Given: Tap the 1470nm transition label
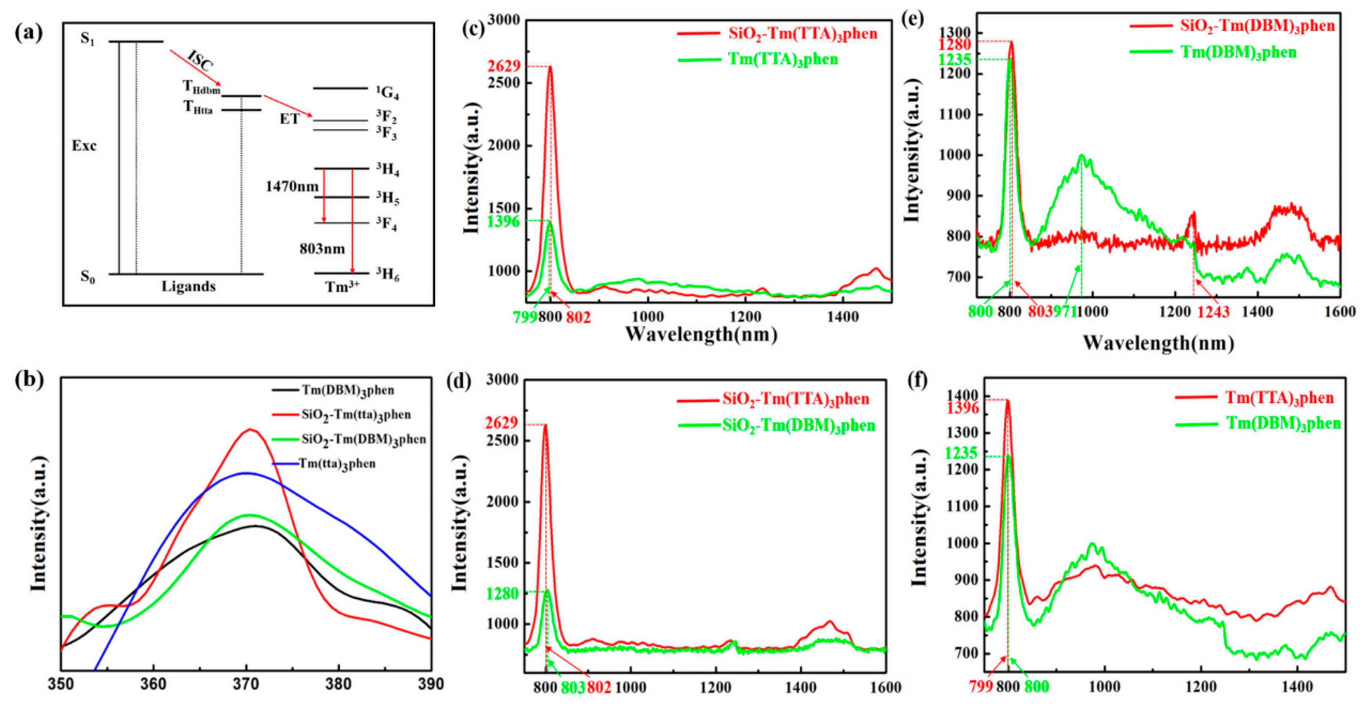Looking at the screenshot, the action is pyautogui.click(x=292, y=187).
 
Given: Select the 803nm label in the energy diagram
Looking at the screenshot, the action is pyautogui.click(x=322, y=248).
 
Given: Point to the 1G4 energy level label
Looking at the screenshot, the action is pyautogui.click(x=387, y=93).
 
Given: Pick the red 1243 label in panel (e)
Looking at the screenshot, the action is pyautogui.click(x=1213, y=312).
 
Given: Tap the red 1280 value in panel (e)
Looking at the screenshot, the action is pyautogui.click(x=954, y=45).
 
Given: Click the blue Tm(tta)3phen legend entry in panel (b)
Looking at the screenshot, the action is pyautogui.click(x=337, y=464).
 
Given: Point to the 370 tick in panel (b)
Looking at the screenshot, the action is pyautogui.click(x=246, y=684).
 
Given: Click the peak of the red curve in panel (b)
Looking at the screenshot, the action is pyautogui.click(x=250, y=429).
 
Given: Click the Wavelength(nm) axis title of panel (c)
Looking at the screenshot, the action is pyautogui.click(x=701, y=334).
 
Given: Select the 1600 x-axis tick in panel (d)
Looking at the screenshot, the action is pyautogui.click(x=886, y=688).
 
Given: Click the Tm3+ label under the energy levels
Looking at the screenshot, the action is pyautogui.click(x=342, y=287).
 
